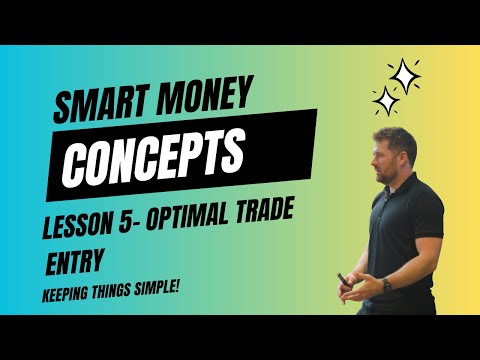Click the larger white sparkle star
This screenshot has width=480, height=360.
404,74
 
